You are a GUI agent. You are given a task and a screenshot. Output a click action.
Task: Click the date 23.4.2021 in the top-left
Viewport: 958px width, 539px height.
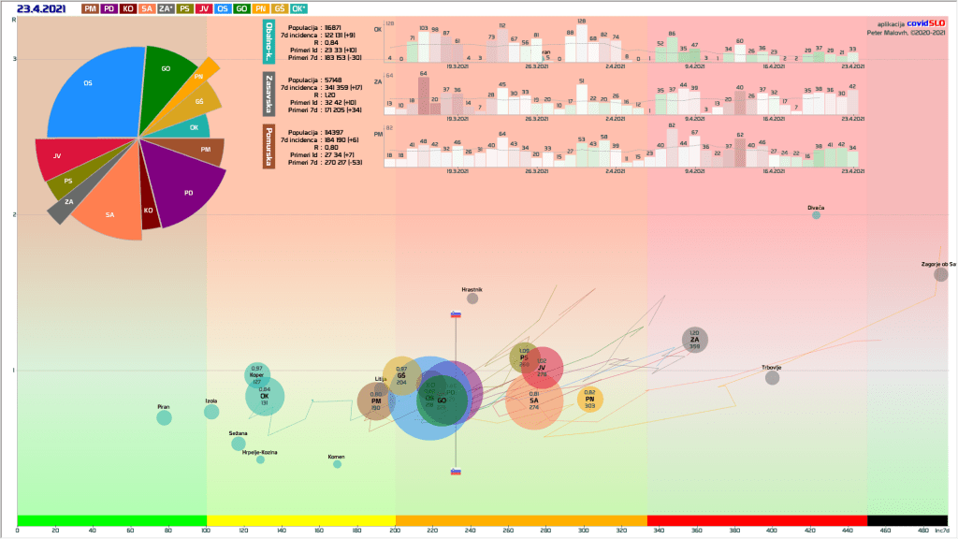click(38, 8)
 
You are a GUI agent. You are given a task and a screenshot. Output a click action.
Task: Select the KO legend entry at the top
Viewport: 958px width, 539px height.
click(128, 8)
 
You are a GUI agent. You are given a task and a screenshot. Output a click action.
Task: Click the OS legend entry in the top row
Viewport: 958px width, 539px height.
click(222, 8)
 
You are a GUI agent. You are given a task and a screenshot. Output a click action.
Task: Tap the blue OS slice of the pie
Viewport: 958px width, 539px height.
click(92, 89)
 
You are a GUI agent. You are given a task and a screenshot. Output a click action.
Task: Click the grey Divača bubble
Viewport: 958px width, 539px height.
click(816, 215)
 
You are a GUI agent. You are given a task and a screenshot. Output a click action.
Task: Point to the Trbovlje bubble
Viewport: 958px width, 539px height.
click(772, 377)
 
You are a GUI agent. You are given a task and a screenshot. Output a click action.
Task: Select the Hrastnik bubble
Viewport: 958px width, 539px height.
click(472, 299)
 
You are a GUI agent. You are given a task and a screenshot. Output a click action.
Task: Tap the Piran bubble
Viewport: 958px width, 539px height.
click(164, 417)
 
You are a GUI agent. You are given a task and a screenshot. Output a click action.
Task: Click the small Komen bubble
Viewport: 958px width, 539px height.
click(337, 464)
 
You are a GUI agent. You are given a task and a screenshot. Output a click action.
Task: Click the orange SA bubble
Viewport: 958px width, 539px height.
click(534, 401)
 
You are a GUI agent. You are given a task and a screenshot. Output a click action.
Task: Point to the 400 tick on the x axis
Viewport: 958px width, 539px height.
click(771, 531)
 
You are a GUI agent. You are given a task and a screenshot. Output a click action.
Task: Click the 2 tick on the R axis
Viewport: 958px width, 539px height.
click(13, 214)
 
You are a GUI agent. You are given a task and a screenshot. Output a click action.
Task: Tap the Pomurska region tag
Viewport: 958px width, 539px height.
click(269, 147)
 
